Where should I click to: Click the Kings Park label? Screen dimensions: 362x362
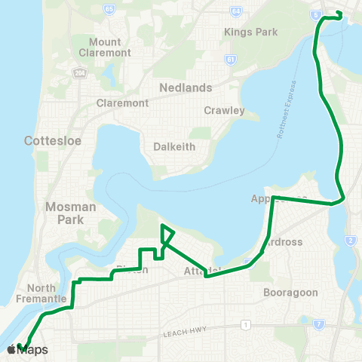coord(251,32)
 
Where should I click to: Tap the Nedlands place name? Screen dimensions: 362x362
coord(186,87)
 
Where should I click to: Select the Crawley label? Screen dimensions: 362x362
coord(224,110)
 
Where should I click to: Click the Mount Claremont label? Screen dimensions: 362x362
coord(109,48)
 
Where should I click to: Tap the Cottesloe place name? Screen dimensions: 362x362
coord(52,140)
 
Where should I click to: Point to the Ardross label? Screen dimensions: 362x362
coord(283,243)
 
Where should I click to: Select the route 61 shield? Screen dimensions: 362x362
coord(229,59)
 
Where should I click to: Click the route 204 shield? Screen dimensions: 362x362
coord(79,72)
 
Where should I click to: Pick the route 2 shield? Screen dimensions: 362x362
coord(351,241)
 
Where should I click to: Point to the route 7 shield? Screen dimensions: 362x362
coord(319,324)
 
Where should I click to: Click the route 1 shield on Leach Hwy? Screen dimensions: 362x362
coord(245,325)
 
